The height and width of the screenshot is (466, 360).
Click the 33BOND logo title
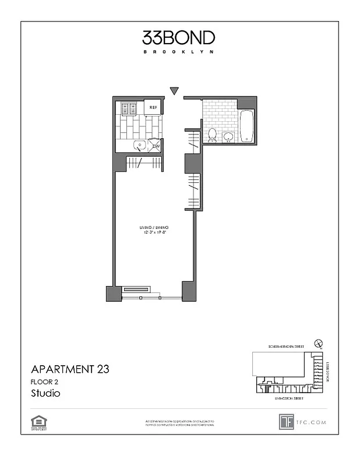click(179, 38)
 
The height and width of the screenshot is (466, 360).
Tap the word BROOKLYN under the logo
click(179, 52)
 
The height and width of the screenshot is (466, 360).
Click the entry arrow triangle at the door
click(174, 90)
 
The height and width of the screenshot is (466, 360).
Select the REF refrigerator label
click(154, 107)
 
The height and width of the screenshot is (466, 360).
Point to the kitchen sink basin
click(140, 146)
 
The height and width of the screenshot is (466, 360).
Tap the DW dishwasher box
click(156, 146)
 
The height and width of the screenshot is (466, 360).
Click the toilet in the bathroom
click(213, 135)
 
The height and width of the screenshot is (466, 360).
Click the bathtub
click(246, 126)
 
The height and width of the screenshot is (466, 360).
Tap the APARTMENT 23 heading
click(70, 369)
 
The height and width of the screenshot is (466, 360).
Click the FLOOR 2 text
click(45, 382)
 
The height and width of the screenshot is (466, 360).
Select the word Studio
click(45, 393)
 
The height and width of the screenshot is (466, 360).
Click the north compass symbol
click(317, 344)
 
